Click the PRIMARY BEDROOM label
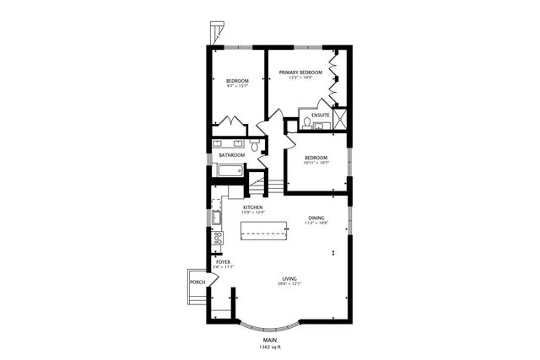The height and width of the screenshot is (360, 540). coord(301,73)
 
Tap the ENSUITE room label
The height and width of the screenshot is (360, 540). coord(320,115)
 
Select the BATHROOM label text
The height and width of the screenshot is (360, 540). coord(232,155)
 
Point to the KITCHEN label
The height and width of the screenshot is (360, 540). coord(253,207)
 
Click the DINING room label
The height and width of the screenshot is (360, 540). coord(316,218)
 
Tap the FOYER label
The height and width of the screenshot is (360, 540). coord(223,262)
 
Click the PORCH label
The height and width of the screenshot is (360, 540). coord(197,282)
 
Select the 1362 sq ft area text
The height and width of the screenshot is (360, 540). coord(270,347)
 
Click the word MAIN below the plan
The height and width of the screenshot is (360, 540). coord(270,340)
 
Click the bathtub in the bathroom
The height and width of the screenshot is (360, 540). coord(230,171)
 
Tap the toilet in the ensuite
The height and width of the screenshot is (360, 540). coord(307,123)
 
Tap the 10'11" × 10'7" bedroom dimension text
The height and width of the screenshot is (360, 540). coord(316,164)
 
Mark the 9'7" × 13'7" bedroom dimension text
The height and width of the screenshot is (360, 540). coord(237,86)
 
